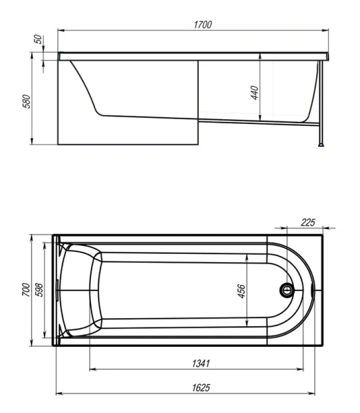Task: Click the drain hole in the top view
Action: click(286, 290)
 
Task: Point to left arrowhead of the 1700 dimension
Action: click(60, 30)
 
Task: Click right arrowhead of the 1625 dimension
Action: click(321, 394)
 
